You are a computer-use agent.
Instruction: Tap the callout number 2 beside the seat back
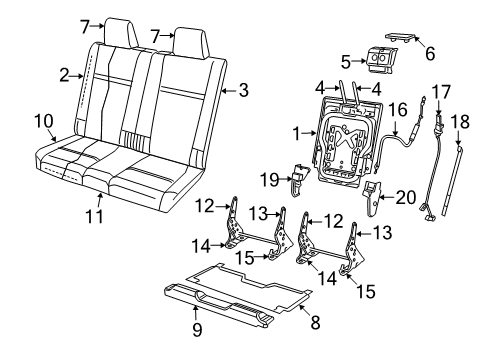click(x=62, y=74)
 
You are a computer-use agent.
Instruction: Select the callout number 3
click(x=243, y=91)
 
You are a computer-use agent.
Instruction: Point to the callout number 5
click(x=346, y=61)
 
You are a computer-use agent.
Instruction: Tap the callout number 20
click(x=403, y=197)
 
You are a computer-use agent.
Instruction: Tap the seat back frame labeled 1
click(x=346, y=140)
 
